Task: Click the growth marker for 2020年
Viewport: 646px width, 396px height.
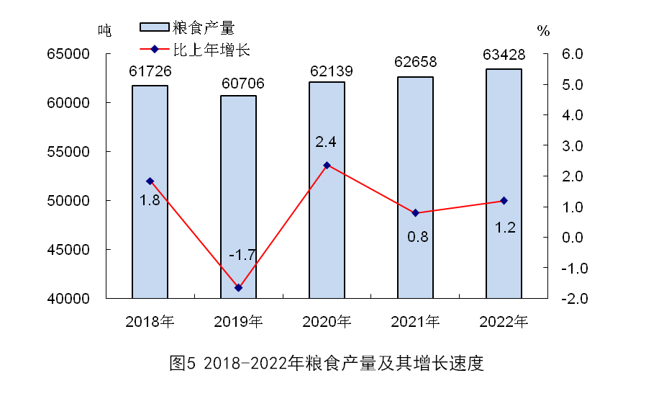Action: [327, 165]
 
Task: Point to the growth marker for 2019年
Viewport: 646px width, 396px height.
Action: [238, 288]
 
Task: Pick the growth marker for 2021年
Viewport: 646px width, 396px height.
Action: [415, 213]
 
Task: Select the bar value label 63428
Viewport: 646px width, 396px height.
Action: [504, 55]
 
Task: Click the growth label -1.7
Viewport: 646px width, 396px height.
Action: [242, 255]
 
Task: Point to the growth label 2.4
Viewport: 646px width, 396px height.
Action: [326, 141]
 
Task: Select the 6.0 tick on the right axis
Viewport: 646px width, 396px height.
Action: [562, 54]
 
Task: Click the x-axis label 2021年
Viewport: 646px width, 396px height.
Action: [415, 321]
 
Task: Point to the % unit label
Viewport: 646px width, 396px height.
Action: [543, 31]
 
